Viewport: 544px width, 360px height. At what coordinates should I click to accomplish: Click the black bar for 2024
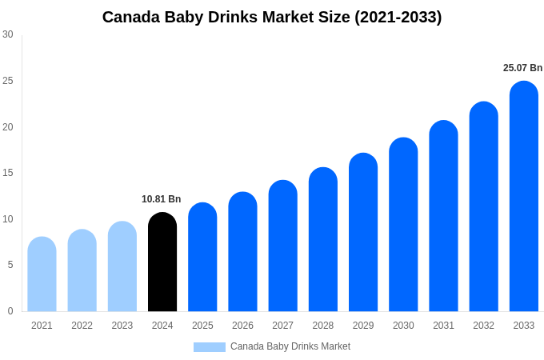[x=162, y=262]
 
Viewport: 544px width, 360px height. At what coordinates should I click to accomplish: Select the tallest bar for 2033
[x=523, y=197]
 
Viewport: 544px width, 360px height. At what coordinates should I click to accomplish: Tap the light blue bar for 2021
[x=42, y=274]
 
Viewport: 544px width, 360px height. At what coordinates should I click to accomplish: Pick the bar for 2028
[x=322, y=240]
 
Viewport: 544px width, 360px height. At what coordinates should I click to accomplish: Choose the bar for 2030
[x=403, y=225]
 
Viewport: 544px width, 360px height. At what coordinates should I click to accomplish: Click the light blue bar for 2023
[x=122, y=267]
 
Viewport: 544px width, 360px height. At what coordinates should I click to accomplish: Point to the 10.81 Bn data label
[x=162, y=199]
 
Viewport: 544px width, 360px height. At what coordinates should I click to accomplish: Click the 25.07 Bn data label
[x=522, y=68]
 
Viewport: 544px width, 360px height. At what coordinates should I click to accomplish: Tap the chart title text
[x=272, y=17]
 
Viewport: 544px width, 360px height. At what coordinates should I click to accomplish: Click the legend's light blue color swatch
[x=209, y=347]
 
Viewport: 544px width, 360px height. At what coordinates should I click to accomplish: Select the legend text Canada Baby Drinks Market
[x=290, y=346]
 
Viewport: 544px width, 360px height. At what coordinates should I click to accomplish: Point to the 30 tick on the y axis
[x=8, y=34]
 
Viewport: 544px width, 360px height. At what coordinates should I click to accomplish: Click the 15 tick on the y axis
[x=8, y=173]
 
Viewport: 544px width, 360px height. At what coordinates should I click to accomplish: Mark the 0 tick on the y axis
[x=10, y=311]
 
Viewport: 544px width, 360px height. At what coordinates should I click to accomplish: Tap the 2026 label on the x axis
[x=242, y=326]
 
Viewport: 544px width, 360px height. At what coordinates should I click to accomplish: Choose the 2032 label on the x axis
[x=483, y=326]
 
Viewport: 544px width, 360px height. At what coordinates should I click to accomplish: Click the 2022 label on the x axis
[x=82, y=326]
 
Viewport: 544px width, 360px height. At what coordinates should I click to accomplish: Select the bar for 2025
[x=202, y=258]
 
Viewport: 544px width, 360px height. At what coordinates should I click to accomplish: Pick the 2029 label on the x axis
[x=363, y=326]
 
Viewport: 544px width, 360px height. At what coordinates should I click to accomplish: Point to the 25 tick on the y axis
[x=8, y=81]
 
